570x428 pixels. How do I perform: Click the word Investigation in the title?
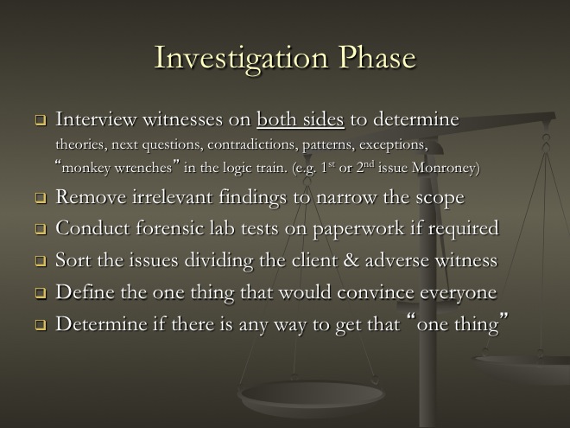click(241, 59)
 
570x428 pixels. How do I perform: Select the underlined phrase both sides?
click(301, 119)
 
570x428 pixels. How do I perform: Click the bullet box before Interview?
click(41, 120)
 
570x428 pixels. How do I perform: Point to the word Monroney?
click(446, 168)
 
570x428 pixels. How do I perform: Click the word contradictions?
click(251, 144)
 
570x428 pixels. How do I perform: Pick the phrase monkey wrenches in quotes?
click(117, 168)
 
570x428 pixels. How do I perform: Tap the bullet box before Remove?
click(41, 198)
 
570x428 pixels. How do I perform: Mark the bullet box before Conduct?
click(41, 229)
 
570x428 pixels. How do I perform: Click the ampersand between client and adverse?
click(351, 260)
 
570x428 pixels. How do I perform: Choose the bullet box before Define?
click(41, 293)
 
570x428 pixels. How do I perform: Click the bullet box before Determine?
click(41, 324)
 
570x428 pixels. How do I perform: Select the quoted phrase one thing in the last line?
click(458, 324)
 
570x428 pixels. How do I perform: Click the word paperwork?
click(358, 229)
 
